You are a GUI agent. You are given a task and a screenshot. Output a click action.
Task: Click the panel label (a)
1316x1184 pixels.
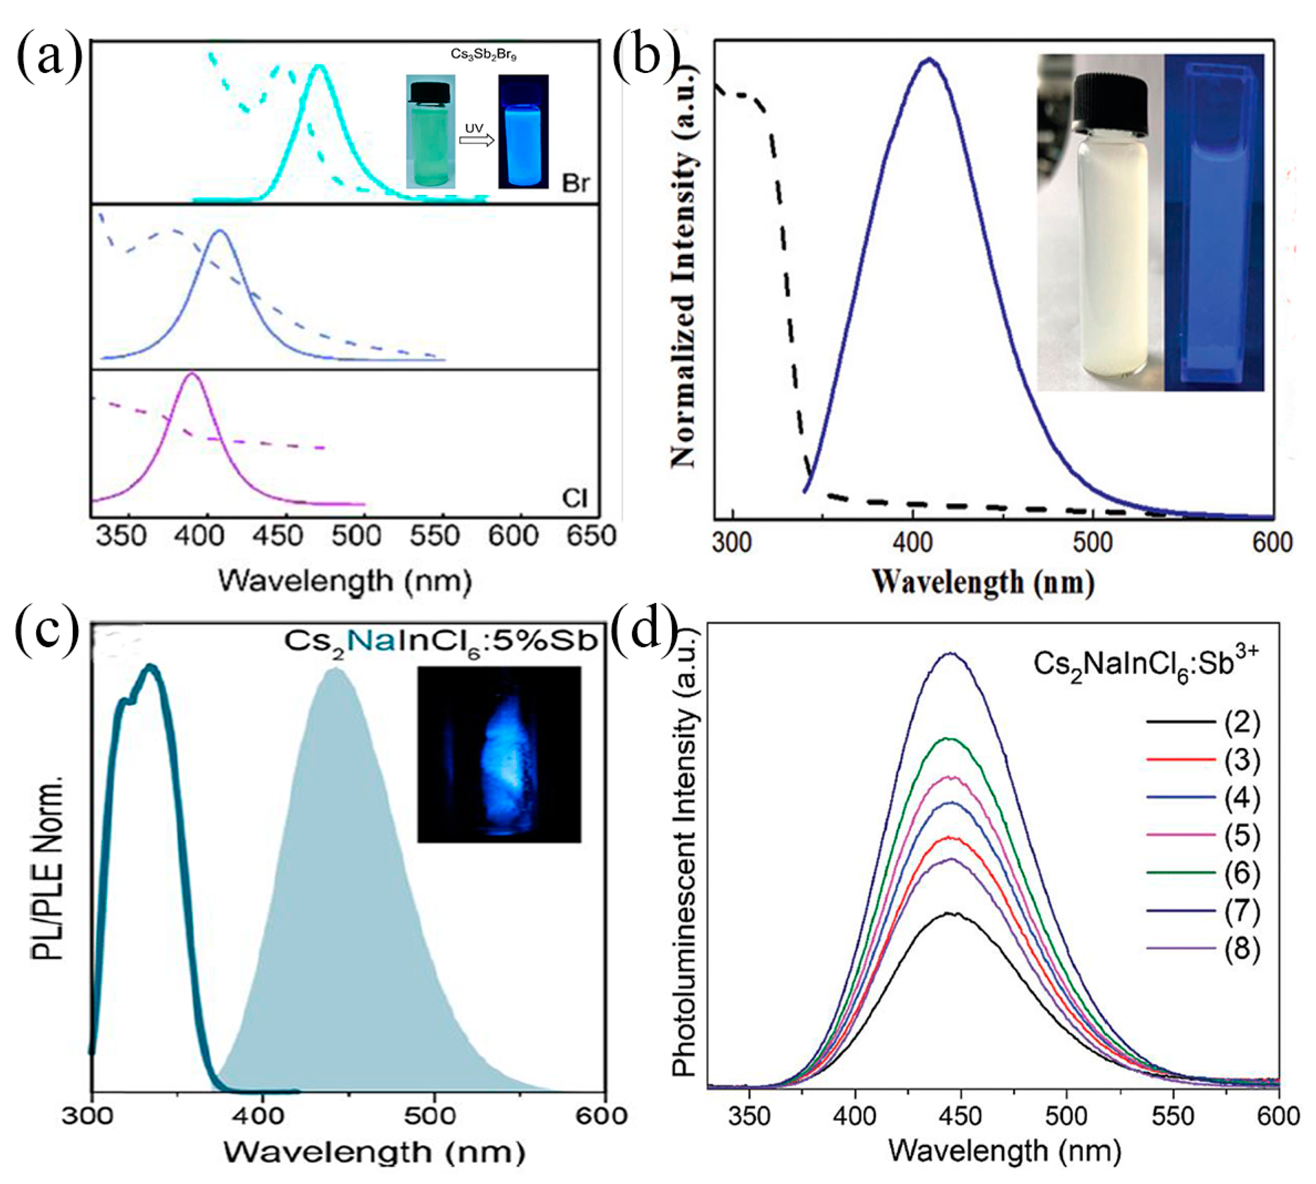coord(49,57)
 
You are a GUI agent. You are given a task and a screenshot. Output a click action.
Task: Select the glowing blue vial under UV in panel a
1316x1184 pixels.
coord(523,132)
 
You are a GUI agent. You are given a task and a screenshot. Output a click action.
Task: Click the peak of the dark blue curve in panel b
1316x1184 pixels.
coord(929,60)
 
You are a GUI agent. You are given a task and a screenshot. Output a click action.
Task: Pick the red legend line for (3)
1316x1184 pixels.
coord(1180,760)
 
